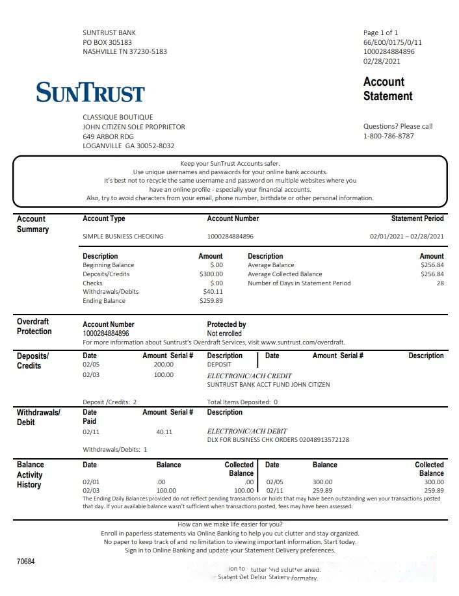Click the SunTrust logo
tap(90, 92)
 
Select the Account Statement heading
tap(387, 89)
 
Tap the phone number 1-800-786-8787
tap(388, 136)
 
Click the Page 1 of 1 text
tap(380, 32)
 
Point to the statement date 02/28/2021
tap(382, 61)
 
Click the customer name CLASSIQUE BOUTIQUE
tap(118, 117)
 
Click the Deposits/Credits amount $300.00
tap(211, 274)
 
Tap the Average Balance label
tap(270, 265)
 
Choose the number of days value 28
tap(440, 283)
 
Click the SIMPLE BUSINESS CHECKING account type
tap(123, 237)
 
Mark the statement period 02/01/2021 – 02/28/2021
tap(407, 237)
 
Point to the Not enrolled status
tap(224, 333)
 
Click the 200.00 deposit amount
tap(163, 365)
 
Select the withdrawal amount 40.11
tap(164, 432)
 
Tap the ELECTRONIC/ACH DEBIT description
tap(246, 431)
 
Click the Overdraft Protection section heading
tap(34, 326)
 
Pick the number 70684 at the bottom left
tap(26, 561)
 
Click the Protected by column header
tap(226, 324)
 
